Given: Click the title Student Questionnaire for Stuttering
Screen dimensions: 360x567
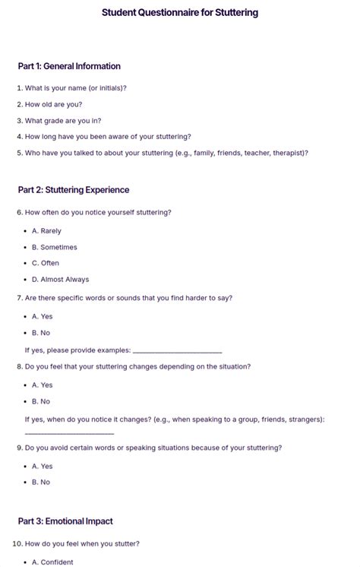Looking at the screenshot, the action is click(180, 13).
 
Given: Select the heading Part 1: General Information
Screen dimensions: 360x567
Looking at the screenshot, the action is click(69, 66).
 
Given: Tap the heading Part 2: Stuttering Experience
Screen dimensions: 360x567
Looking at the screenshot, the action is click(74, 190).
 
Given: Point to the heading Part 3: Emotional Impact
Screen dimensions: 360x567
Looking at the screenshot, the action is click(65, 521).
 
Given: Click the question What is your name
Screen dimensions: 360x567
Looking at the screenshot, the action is click(75, 88).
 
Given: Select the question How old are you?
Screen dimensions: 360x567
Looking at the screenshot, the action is click(53, 105).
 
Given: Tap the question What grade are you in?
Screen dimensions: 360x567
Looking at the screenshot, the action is click(62, 121).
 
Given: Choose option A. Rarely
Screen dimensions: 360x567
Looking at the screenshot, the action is click(46, 231).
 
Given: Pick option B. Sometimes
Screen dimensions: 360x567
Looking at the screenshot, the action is click(54, 247).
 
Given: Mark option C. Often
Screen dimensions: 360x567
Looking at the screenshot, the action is click(45, 263).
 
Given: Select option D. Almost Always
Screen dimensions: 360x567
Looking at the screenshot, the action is click(60, 280).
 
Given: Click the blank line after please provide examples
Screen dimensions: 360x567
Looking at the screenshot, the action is click(177, 352).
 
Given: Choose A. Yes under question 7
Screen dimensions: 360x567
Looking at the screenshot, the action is click(43, 317).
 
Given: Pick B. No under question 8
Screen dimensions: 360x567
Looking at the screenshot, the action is click(41, 401).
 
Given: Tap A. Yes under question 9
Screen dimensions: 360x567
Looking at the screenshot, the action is click(43, 467).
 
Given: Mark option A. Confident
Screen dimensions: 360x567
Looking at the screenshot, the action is click(52, 562).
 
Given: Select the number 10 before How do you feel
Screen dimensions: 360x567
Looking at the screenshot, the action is click(17, 544).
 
